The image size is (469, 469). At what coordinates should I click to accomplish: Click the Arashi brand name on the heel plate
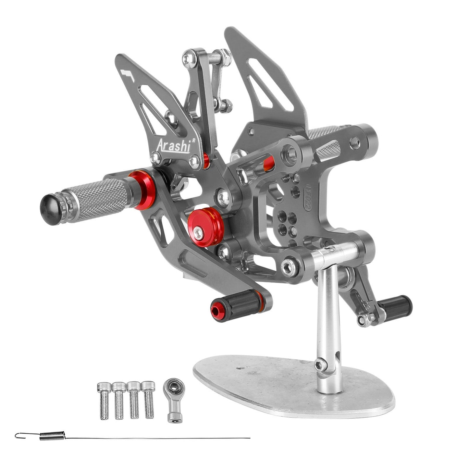point(173,145)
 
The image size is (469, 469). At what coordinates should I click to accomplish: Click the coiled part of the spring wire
point(52,436)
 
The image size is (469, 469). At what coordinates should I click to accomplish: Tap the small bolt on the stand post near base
point(321,364)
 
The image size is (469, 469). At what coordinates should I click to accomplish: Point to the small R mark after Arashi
point(193,140)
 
